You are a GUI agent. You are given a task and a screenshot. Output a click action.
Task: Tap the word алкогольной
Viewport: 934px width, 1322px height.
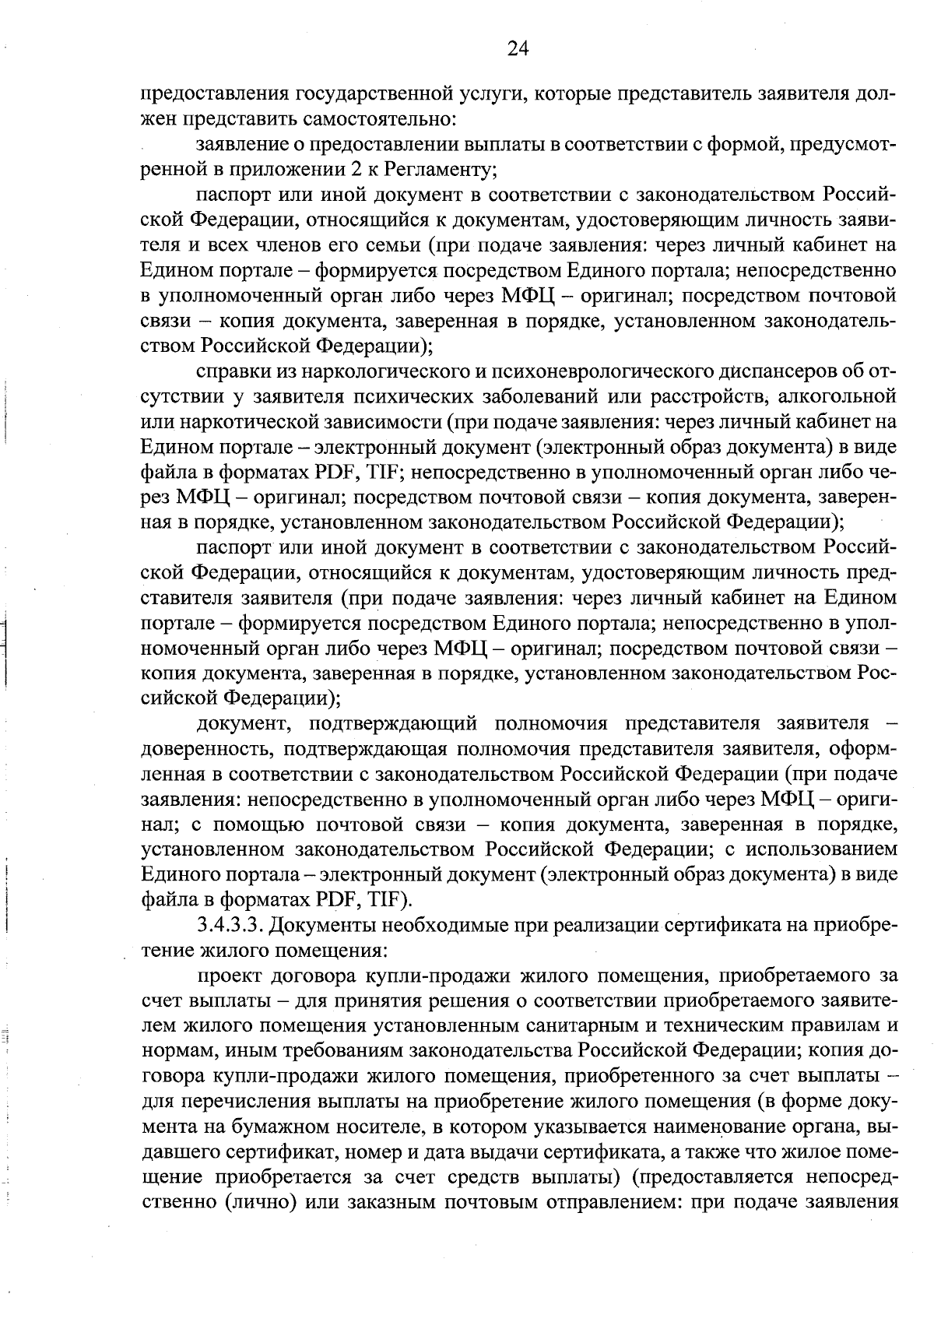pos(841,396)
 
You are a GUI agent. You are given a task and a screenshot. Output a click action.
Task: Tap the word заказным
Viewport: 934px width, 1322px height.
pos(390,1200)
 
